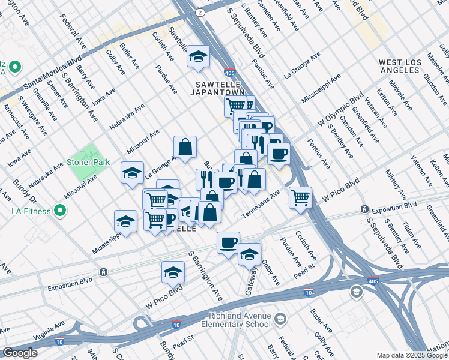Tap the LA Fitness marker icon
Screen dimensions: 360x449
(x=59, y=211)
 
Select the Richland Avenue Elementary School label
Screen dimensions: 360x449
(x=240, y=320)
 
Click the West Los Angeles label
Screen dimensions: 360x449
(x=407, y=66)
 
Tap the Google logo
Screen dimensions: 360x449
(x=20, y=353)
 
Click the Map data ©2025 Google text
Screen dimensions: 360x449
(x=411, y=355)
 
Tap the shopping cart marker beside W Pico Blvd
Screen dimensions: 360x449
(x=300, y=197)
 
